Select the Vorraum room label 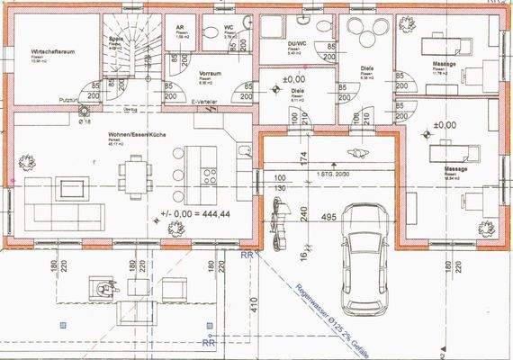[210, 74]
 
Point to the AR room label [180, 28]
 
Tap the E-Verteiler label [205, 103]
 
